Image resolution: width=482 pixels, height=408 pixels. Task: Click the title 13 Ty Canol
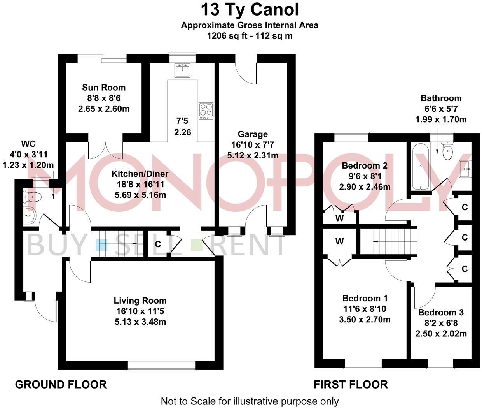pyautogui.click(x=250, y=10)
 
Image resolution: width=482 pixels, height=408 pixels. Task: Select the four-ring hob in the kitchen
pyautogui.click(x=206, y=111)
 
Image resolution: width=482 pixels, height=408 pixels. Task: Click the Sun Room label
pyautogui.click(x=103, y=87)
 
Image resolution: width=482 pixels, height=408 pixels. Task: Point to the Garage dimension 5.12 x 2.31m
pyautogui.click(x=253, y=155)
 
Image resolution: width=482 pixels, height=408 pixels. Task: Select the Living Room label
pyautogui.click(x=140, y=301)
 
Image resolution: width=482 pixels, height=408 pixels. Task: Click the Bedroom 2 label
pyautogui.click(x=364, y=166)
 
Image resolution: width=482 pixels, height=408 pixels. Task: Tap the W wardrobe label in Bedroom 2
pyautogui.click(x=339, y=218)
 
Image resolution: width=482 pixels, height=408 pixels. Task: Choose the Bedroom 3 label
pyautogui.click(x=441, y=312)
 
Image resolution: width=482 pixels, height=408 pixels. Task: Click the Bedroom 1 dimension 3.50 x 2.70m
pyautogui.click(x=365, y=320)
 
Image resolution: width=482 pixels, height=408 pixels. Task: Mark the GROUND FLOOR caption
pyautogui.click(x=61, y=385)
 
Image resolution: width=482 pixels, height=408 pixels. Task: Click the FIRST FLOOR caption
pyautogui.click(x=351, y=385)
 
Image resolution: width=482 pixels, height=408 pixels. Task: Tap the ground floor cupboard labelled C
pyautogui.click(x=158, y=244)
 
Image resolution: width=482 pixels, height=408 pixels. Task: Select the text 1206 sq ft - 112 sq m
pyautogui.click(x=250, y=36)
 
